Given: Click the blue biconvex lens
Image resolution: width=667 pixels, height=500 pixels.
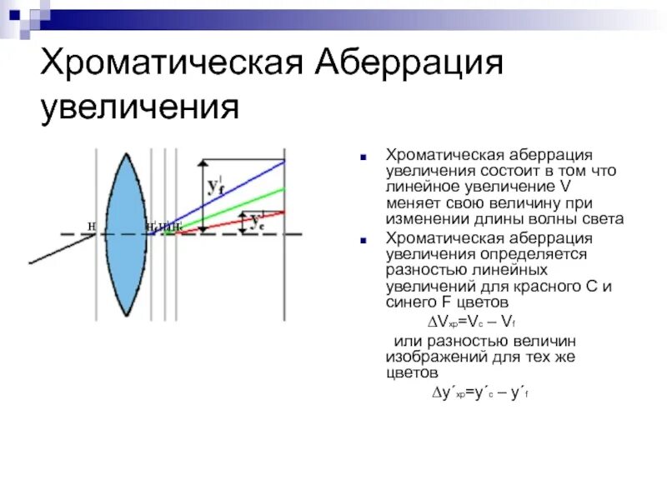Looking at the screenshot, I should tap(124, 233).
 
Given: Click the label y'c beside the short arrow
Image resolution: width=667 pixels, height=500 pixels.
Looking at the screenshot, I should tap(256, 222).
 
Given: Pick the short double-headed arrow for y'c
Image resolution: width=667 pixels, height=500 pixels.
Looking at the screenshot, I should tap(243, 222).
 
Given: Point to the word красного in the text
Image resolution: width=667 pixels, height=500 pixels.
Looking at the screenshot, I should tap(568, 286).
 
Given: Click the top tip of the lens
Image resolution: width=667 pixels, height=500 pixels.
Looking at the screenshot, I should tap(124, 151).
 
